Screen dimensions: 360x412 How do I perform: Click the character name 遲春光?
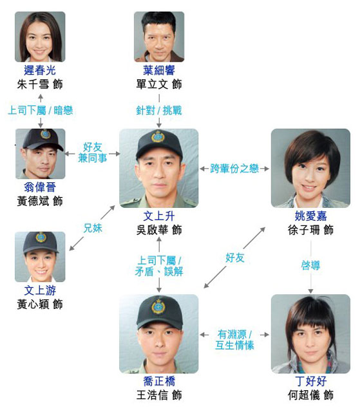(x=40, y=70)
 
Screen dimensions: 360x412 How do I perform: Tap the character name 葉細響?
(x=159, y=70)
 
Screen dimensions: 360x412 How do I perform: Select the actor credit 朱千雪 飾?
(x=40, y=84)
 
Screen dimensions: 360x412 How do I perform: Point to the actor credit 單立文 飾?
(x=159, y=84)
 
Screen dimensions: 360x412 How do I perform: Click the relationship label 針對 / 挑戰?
(x=159, y=110)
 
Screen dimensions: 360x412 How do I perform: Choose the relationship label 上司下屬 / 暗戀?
(x=41, y=110)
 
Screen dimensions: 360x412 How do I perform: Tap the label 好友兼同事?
(x=93, y=153)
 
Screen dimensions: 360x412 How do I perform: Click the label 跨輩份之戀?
(x=234, y=169)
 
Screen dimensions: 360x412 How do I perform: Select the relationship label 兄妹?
(x=93, y=228)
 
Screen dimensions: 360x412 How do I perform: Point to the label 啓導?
(x=310, y=265)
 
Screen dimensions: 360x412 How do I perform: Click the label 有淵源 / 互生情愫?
(x=234, y=340)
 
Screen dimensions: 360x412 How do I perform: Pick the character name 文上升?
(x=159, y=216)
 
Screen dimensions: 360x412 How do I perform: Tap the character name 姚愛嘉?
(x=310, y=216)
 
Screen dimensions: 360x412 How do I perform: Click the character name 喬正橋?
(x=159, y=381)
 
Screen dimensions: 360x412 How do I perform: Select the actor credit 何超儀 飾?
(x=310, y=395)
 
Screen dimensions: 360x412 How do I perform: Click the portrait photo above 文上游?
(x=40, y=257)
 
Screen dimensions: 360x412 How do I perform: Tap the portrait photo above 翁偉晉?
(x=40, y=154)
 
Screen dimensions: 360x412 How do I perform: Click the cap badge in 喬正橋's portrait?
(x=158, y=307)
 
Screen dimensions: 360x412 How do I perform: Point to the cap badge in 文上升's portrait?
(x=158, y=137)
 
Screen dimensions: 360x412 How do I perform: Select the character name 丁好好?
(x=310, y=381)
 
